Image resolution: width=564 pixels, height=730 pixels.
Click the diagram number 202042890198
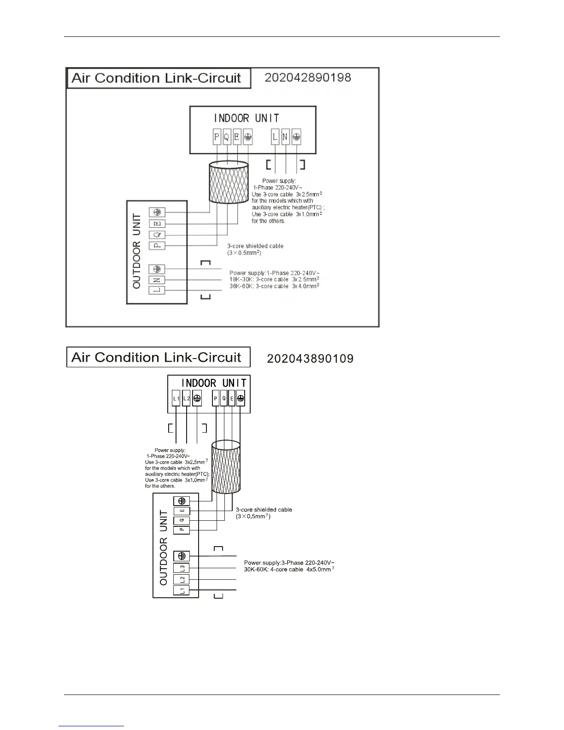[x=308, y=77]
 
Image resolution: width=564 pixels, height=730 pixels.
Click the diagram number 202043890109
[x=310, y=359]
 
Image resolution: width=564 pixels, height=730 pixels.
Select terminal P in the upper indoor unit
[x=217, y=136]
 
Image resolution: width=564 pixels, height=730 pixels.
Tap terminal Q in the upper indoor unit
[x=227, y=136]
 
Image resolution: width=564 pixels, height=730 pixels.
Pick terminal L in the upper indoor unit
[x=275, y=136]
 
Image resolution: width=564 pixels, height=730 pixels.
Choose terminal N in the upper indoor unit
[x=285, y=136]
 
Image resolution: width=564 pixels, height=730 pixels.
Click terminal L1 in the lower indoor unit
[x=176, y=399]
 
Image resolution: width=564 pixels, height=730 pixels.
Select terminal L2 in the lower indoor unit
[x=186, y=399]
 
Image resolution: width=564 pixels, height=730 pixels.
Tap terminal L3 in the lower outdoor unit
[x=182, y=568]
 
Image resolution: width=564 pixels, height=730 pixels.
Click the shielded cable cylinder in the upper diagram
[x=229, y=182]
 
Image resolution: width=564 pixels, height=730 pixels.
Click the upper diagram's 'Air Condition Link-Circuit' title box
[x=159, y=78]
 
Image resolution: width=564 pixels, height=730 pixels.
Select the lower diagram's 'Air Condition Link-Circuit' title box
[x=159, y=357]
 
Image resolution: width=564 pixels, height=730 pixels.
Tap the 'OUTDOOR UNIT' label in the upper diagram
[x=137, y=252]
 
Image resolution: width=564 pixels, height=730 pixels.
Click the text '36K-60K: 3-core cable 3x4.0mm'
[x=274, y=286]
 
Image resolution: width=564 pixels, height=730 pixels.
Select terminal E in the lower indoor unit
[x=232, y=399]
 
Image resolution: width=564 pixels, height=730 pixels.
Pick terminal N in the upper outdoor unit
[x=157, y=280]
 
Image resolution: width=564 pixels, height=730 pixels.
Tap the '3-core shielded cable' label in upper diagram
[x=255, y=246]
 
